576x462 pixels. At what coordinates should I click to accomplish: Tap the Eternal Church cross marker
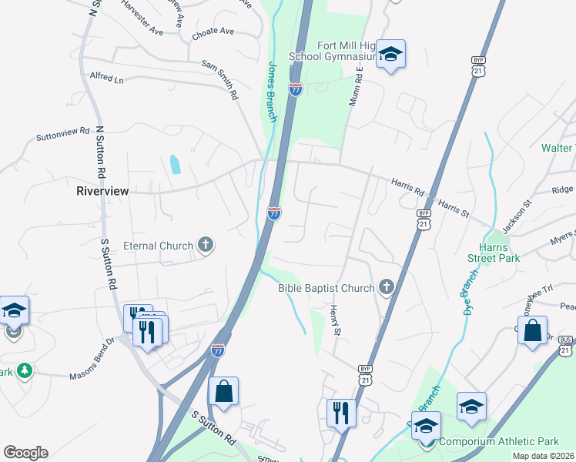(205, 246)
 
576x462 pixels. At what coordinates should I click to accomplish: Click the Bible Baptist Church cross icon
(387, 288)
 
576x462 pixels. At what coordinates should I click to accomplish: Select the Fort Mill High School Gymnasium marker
(390, 55)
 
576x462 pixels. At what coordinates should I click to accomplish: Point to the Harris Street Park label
(498, 253)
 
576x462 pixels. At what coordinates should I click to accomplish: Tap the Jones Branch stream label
(271, 91)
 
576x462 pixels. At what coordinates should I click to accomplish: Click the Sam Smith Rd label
(219, 81)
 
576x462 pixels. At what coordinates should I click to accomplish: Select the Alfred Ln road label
(106, 79)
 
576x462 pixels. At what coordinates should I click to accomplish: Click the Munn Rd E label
(356, 85)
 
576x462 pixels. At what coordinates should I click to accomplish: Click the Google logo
(25, 452)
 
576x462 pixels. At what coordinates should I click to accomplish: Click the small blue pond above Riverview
(175, 164)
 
